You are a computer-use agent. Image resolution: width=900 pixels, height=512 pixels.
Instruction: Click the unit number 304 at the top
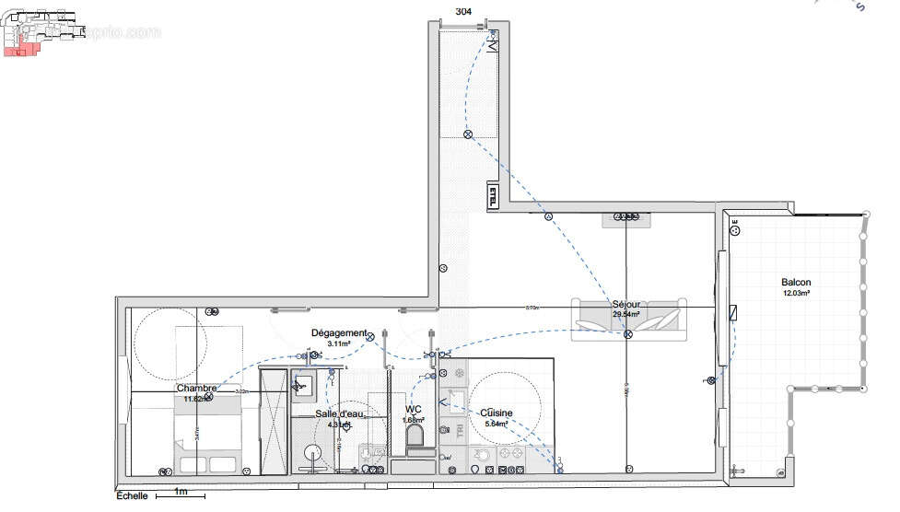(x=464, y=11)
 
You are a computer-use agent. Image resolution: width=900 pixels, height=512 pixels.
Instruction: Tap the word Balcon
(x=796, y=282)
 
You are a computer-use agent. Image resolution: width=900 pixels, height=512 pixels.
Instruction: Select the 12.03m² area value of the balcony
(x=796, y=293)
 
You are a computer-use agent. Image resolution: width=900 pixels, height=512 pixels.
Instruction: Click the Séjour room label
(x=625, y=304)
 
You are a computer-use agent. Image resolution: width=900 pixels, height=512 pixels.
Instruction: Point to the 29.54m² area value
(x=626, y=314)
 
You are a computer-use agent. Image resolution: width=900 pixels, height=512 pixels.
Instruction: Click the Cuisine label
(x=497, y=413)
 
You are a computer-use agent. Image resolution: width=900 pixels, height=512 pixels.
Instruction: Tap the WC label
(x=413, y=410)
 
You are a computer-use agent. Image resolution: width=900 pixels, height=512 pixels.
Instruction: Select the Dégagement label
(x=339, y=332)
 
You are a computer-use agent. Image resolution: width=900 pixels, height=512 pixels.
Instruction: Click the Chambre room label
(x=197, y=389)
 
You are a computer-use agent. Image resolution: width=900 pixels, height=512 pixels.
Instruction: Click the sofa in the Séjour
(x=628, y=320)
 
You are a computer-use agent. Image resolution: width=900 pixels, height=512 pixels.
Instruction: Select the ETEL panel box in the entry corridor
(x=493, y=195)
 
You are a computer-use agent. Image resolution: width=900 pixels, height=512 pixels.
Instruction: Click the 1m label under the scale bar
(x=181, y=491)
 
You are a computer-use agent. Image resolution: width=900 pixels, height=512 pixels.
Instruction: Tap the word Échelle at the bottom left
(x=131, y=495)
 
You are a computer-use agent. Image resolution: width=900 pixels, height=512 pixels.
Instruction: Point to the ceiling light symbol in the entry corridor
(x=467, y=134)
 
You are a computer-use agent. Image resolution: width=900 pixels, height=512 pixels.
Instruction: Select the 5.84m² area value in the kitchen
(x=497, y=424)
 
